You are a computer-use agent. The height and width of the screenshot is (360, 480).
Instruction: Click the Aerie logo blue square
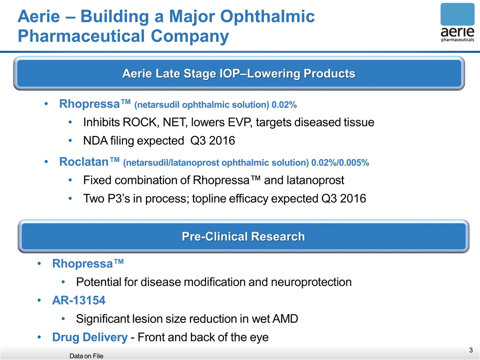click(x=457, y=14)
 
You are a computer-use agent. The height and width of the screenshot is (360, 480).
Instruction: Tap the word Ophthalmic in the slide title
click(x=267, y=16)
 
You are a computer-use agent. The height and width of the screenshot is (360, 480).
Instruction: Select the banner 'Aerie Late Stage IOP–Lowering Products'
click(x=239, y=73)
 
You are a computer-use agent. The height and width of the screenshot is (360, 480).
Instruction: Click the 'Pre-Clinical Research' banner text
click(x=243, y=236)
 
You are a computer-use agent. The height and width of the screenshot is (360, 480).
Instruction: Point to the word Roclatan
click(x=84, y=161)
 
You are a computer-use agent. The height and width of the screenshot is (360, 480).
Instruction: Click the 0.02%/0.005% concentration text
click(x=340, y=162)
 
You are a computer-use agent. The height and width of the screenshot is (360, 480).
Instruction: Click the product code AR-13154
click(x=78, y=300)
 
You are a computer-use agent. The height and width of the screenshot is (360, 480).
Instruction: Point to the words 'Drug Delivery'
click(x=90, y=337)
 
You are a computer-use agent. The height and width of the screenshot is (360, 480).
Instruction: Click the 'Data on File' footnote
click(x=86, y=356)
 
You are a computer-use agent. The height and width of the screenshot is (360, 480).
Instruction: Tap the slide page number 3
click(x=471, y=350)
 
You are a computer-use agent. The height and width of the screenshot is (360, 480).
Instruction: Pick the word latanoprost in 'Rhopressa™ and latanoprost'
click(x=315, y=180)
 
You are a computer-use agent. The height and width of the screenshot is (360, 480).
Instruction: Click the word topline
click(x=208, y=198)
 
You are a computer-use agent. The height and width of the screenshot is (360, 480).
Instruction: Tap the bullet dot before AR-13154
click(x=39, y=300)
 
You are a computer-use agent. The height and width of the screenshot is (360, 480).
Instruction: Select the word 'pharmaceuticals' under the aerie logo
click(x=457, y=40)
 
